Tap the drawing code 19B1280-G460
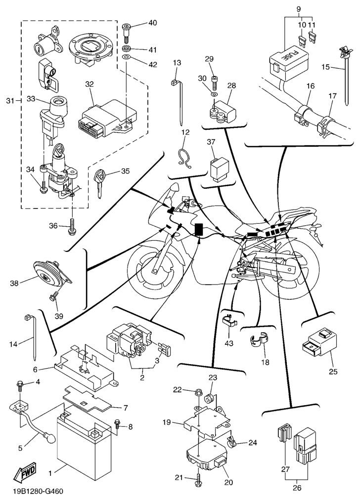point(39,492)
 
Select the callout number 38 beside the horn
point(15,283)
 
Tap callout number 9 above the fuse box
point(298,10)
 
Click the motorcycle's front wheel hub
point(155,270)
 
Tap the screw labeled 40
point(126,30)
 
